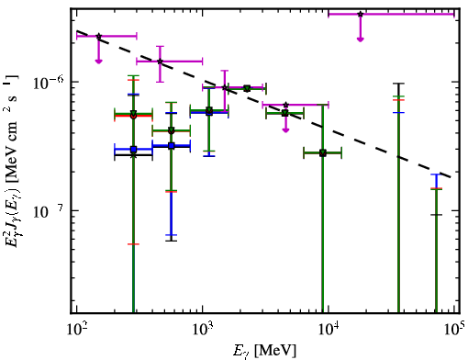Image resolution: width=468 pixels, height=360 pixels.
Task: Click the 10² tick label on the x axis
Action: coord(77,329)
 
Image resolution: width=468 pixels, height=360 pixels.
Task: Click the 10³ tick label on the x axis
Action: coord(203,329)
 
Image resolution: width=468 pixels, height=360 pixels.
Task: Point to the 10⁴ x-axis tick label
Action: coord(329,329)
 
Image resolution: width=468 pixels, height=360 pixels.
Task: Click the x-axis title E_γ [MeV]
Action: coord(264,351)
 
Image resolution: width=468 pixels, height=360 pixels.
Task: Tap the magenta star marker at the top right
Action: coord(361,14)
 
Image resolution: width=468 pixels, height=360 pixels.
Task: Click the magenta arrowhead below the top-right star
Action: coord(361,39)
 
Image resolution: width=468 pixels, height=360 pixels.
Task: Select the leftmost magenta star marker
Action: coord(98,36)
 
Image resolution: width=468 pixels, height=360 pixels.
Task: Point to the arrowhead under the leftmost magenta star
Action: coord(98,62)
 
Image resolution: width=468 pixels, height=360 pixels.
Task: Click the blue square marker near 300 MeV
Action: coord(133,150)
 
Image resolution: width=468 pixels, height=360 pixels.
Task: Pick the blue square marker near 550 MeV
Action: coord(172,146)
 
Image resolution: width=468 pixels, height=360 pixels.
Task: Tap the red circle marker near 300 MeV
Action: coord(133,116)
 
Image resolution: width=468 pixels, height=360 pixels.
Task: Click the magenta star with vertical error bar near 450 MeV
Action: coord(160,62)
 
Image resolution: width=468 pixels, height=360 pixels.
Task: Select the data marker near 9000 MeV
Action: coord(323,152)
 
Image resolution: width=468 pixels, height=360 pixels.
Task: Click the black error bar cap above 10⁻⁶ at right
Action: coord(398,84)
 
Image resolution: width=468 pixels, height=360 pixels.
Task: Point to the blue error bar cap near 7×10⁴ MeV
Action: coord(437,174)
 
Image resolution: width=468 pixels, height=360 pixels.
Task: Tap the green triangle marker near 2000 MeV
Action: coord(247,88)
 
